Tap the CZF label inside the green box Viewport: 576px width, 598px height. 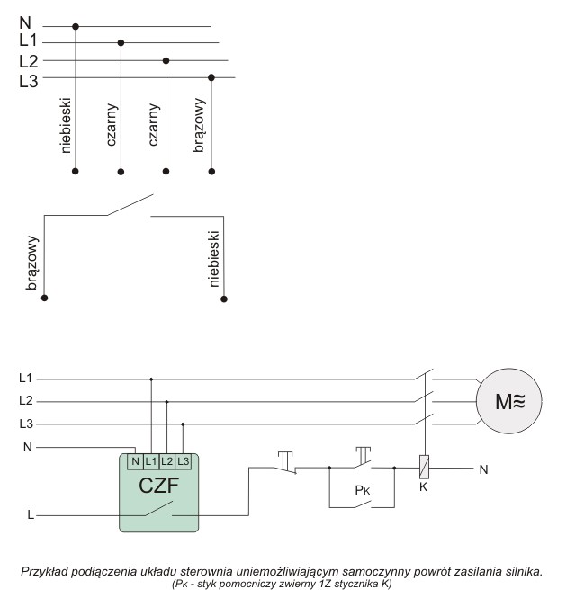pyautogui.click(x=158, y=486)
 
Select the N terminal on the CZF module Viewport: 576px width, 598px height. pyautogui.click(x=134, y=461)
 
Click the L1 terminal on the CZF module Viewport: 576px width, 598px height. pyautogui.click(x=150, y=461)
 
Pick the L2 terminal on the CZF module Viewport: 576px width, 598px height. pyautogui.click(x=166, y=461)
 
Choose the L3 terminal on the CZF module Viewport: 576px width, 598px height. pyautogui.click(x=183, y=461)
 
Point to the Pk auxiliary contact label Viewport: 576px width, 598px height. pyautogui.click(x=361, y=493)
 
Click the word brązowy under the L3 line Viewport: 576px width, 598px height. pyautogui.click(x=200, y=131)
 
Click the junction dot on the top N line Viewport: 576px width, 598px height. pyautogui.click(x=76, y=27)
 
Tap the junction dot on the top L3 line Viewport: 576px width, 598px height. pyautogui.click(x=211, y=78)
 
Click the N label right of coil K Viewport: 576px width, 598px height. pyautogui.click(x=482, y=469)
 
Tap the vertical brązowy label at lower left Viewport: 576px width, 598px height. pyautogui.click(x=33, y=263)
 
